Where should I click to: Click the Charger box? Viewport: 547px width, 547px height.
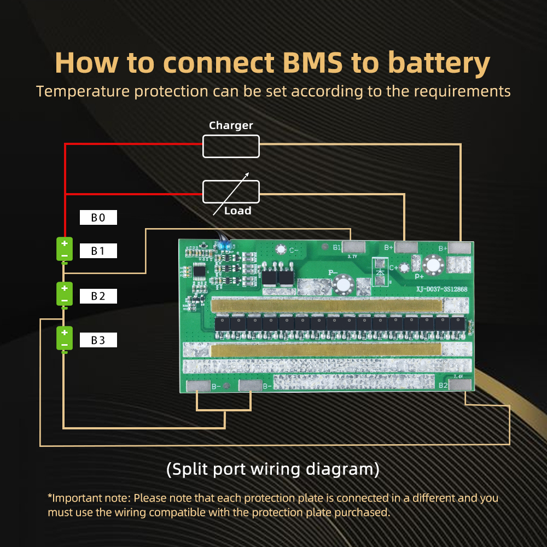(230, 147)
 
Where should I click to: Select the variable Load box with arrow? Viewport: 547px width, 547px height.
(230, 191)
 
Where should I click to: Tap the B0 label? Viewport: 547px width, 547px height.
(98, 218)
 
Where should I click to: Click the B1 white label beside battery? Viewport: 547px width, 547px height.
(98, 251)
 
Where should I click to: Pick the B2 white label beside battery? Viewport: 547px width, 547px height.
(98, 296)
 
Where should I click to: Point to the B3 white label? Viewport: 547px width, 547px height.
(98, 340)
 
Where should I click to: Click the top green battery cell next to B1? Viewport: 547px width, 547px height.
(65, 249)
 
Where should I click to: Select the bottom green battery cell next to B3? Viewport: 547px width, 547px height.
(65, 339)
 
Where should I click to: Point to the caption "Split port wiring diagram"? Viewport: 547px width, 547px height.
(272, 469)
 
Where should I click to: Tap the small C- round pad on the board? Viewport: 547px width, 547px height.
(281, 249)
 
